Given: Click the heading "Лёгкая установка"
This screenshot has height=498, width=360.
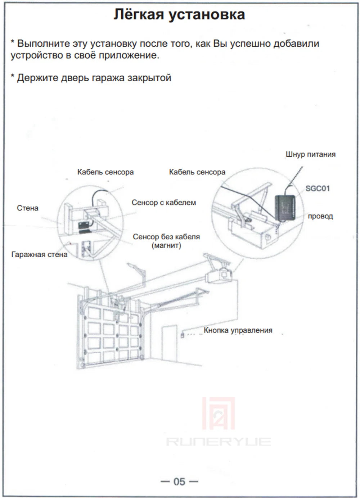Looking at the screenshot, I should (x=179, y=15).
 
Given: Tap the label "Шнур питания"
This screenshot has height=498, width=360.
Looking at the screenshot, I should (x=310, y=154).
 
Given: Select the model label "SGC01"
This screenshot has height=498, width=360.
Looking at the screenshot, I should (x=318, y=188).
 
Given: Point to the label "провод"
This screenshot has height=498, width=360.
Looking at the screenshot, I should (x=320, y=216).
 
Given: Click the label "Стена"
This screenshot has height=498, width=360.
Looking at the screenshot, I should (x=27, y=208).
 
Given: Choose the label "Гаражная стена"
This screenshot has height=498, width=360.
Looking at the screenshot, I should (x=39, y=254).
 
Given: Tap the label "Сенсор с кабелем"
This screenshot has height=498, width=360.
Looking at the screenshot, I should (x=164, y=203).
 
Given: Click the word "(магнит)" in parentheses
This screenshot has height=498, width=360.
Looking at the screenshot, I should (x=166, y=245).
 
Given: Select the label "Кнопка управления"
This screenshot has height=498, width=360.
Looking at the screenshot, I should (x=238, y=330).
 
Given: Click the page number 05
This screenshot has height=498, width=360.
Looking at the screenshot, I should (x=179, y=481).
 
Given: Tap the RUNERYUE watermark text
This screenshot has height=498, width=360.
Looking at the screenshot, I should (x=218, y=442).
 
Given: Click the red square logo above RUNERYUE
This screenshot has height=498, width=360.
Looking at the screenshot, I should (x=218, y=413).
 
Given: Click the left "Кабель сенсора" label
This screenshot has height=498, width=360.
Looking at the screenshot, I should (x=105, y=172).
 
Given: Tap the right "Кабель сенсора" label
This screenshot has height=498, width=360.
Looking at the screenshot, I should (x=197, y=172).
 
